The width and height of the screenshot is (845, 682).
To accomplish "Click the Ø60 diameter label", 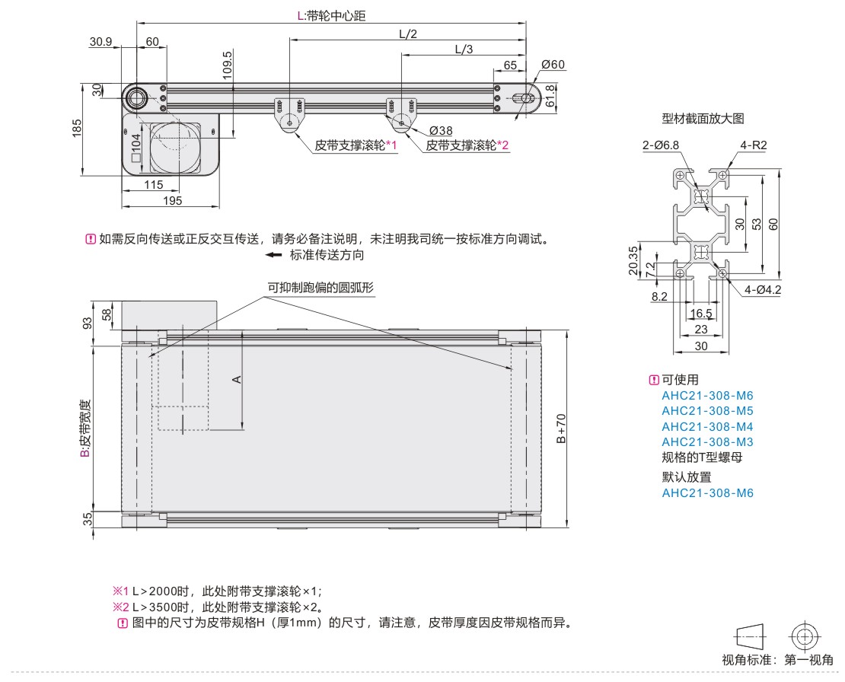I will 553,65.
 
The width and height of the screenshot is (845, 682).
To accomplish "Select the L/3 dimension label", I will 463,49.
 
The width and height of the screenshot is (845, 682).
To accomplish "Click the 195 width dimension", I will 173,200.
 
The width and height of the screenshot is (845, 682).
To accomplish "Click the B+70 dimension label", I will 561,429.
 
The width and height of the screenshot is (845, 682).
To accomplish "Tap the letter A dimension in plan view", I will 237,378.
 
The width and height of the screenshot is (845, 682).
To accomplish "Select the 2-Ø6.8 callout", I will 660,145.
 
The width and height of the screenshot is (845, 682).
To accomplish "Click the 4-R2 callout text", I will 752,145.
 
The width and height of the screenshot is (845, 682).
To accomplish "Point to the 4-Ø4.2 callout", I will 764,289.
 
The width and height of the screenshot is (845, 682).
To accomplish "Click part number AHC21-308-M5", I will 707,410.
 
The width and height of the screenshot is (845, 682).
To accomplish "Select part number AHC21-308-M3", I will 707,441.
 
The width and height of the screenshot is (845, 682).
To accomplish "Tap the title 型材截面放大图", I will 703,118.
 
